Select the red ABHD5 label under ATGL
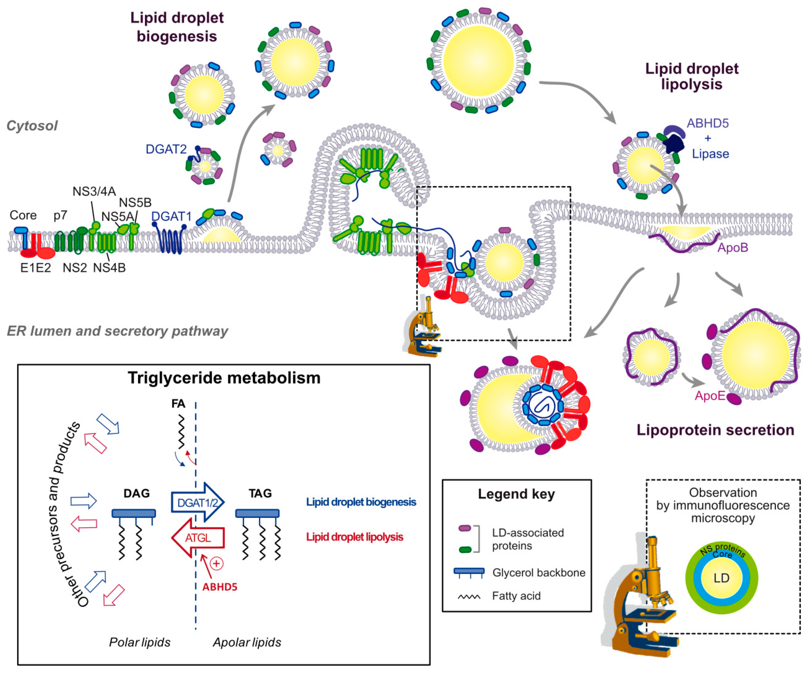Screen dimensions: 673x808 pos(220,587)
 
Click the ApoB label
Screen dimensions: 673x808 pos(732,247)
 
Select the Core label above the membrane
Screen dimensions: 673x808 pos(23,215)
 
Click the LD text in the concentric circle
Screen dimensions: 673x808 pos(721,578)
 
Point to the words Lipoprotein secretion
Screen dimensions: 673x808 pos(715,430)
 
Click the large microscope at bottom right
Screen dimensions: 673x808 pos(639,600)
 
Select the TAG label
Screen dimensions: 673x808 pos(260,493)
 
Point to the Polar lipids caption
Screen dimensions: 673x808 pos(140,642)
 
